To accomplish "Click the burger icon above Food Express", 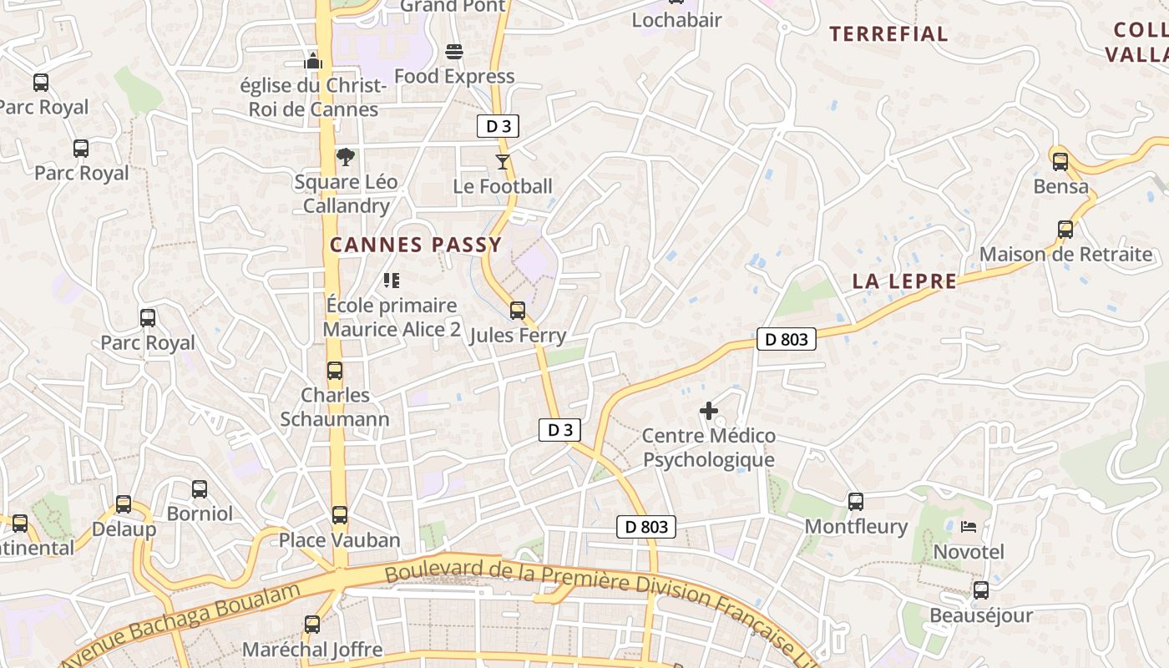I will click(454, 52).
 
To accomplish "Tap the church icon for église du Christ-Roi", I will click(313, 61).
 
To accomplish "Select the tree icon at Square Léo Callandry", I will click(345, 157).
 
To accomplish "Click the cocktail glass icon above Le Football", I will click(502, 161).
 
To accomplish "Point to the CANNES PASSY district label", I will click(416, 245).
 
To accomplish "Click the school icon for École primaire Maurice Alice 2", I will click(391, 281).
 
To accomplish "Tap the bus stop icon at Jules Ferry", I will click(518, 311).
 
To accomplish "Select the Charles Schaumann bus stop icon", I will click(335, 370).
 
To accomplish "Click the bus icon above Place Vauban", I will click(339, 515).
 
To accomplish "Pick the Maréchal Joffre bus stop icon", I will click(311, 624).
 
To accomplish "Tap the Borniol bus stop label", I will click(200, 514).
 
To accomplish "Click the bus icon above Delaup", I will click(124, 504).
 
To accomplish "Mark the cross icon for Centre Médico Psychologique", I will click(709, 411).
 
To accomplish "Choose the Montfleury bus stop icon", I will click(856, 501).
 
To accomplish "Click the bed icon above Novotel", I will click(969, 527).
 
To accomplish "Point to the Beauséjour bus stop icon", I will click(981, 590).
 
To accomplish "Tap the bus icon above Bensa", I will click(1060, 161).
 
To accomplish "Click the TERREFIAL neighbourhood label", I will click(888, 34).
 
